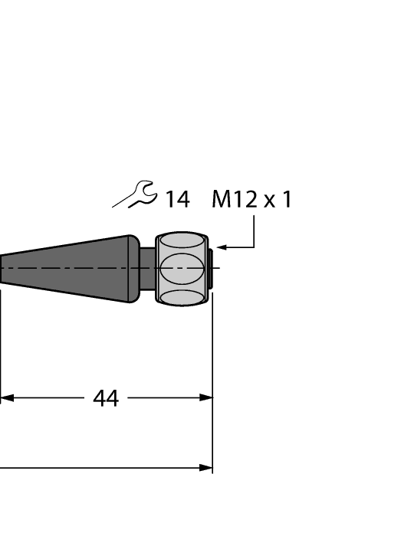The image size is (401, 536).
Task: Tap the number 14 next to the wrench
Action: tap(176, 201)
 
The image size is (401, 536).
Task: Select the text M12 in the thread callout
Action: tap(235, 201)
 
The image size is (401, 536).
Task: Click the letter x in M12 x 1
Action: tap(269, 202)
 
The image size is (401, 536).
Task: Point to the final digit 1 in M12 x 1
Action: tap(287, 201)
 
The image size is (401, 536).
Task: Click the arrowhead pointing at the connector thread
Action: tap(222, 247)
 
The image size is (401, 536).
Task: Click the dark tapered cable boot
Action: tap(77, 268)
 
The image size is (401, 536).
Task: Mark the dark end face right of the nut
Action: tap(209, 268)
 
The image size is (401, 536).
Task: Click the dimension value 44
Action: tap(106, 398)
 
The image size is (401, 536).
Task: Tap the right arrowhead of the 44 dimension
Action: tap(205, 398)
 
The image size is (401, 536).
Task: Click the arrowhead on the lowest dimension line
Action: tap(205, 467)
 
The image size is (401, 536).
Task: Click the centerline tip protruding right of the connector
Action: tap(217, 268)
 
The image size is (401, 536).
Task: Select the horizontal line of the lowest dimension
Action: tap(100, 467)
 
